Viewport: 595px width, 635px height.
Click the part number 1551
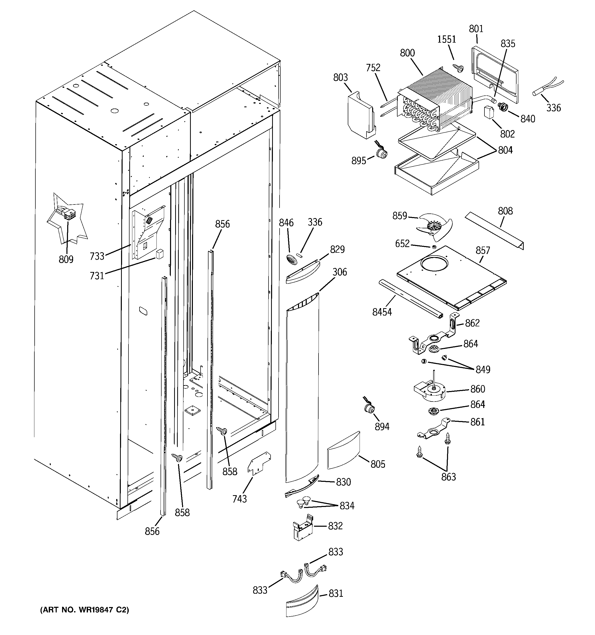pyautogui.click(x=447, y=39)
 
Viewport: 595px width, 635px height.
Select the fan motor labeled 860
pyautogui.click(x=430, y=392)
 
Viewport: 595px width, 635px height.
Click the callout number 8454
pyautogui.click(x=382, y=312)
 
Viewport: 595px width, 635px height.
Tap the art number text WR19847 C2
pyautogui.click(x=84, y=610)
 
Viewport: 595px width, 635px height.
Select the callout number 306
pyautogui.click(x=340, y=272)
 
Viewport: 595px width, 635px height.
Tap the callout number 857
pyautogui.click(x=483, y=250)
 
